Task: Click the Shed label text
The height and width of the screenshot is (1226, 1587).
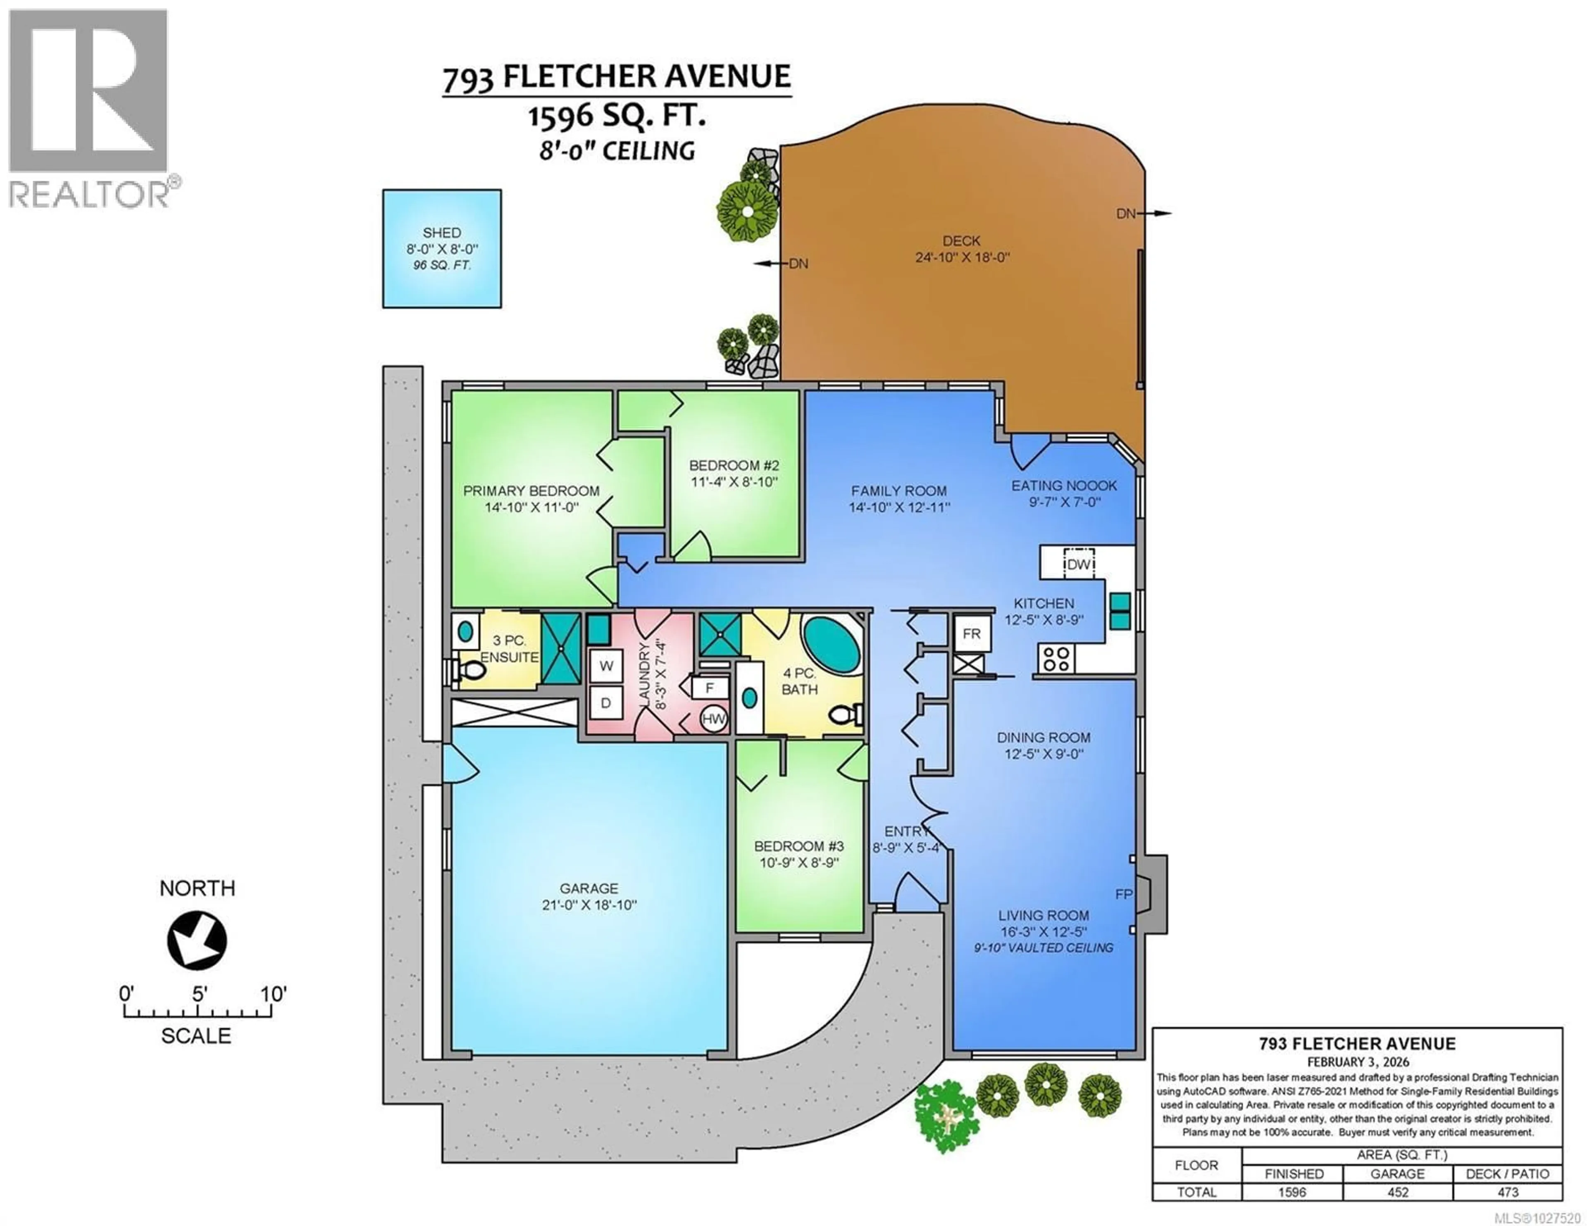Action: [x=442, y=233]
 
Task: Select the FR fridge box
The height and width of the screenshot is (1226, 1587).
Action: [x=972, y=634]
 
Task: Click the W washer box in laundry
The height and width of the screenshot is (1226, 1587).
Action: [x=606, y=666]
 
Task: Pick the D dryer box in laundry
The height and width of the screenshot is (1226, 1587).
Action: [x=606, y=703]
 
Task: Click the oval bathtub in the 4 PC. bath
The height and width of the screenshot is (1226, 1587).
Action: [x=831, y=644]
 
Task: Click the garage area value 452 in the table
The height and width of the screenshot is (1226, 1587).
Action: [x=1397, y=1192]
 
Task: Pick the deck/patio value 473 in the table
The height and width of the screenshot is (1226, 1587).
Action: [x=1508, y=1192]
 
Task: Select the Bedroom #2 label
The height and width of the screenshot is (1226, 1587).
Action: [x=734, y=465]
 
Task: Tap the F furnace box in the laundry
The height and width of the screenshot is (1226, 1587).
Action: [x=709, y=688]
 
